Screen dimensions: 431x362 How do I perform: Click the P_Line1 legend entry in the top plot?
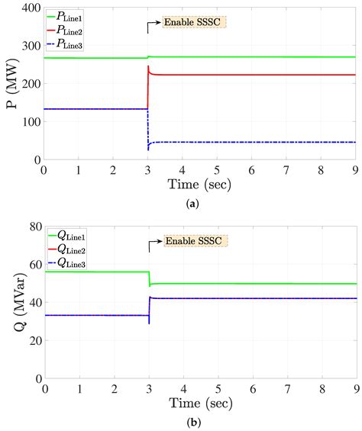(73, 16)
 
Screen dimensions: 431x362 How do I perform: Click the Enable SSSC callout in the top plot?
(195, 22)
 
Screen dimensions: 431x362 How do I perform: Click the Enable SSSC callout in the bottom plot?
(195, 241)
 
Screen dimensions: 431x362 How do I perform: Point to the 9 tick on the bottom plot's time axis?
(355, 388)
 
